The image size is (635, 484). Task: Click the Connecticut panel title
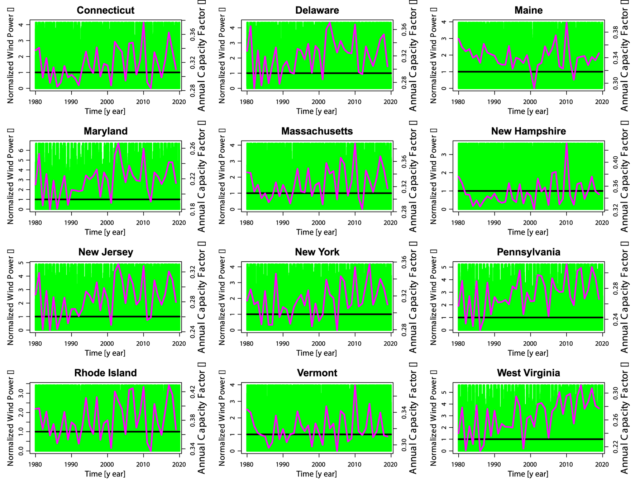click(x=105, y=10)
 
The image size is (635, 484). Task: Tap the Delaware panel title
click(x=317, y=10)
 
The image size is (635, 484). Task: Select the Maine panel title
click(x=528, y=10)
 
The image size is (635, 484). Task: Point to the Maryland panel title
click(x=105, y=131)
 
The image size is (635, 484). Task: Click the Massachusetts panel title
click(x=317, y=131)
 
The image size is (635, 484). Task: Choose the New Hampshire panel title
click(x=528, y=131)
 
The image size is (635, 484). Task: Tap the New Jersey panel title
click(x=105, y=252)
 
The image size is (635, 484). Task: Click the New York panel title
click(x=317, y=252)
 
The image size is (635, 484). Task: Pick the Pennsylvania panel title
click(x=528, y=252)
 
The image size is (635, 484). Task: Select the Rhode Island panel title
click(x=105, y=373)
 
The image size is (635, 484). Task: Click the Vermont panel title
click(x=317, y=373)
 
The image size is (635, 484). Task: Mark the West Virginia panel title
click(x=528, y=373)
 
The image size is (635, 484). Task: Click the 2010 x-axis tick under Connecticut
click(x=143, y=102)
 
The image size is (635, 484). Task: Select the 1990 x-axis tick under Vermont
click(x=283, y=464)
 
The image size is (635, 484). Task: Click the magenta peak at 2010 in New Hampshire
click(x=567, y=144)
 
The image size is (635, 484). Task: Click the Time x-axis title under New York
click(x=316, y=353)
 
